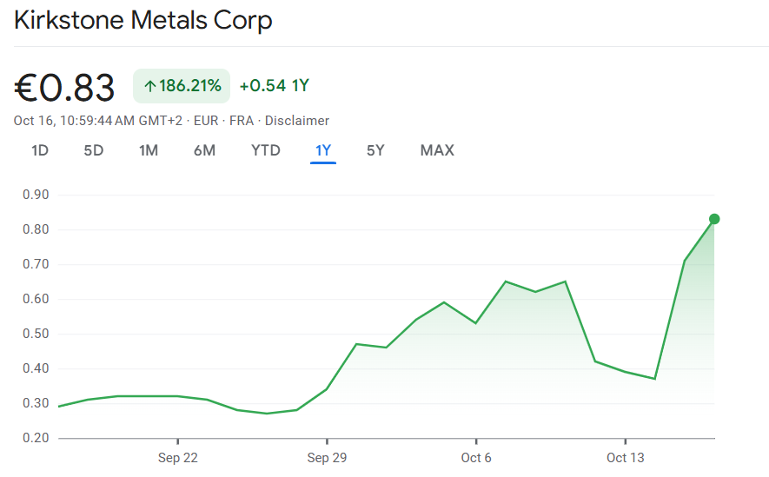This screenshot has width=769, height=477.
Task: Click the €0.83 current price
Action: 65,87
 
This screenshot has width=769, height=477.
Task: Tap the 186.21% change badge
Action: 182,86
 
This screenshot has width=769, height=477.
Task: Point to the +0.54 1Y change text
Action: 275,86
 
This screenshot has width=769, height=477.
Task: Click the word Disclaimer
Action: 297,121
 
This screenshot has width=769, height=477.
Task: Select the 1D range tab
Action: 40,150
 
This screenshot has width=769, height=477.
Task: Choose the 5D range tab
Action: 94,150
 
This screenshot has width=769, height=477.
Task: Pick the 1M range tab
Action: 149,150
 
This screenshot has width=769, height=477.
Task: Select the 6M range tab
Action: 204,150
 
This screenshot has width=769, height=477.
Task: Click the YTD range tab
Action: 266,150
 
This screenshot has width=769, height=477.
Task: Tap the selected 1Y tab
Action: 323,150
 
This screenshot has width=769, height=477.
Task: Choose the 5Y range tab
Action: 375,150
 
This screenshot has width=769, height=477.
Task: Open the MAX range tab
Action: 437,150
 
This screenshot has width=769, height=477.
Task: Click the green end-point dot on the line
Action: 714,219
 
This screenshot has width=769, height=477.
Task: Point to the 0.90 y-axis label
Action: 36,195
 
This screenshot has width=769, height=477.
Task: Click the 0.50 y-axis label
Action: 36,334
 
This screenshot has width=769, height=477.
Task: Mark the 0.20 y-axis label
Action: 36,438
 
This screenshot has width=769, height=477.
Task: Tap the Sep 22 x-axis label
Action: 177,458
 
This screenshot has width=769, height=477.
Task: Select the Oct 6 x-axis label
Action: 476,458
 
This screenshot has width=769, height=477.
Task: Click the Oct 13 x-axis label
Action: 625,458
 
